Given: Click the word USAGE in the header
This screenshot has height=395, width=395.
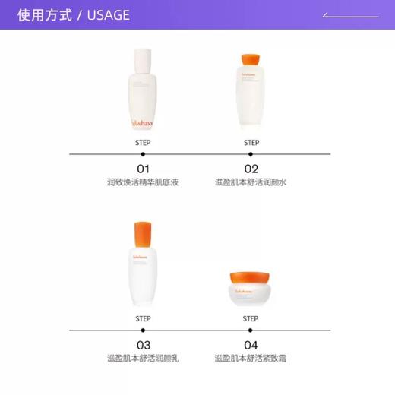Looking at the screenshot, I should point(108,15).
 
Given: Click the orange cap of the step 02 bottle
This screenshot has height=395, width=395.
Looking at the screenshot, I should point(251,60).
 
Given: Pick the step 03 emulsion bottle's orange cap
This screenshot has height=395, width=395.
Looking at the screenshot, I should point(143,233).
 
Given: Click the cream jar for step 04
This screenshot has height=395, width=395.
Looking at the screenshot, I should point(251,288).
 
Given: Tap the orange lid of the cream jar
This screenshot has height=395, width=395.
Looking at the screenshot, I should point(251,277).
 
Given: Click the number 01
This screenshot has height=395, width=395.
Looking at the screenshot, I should point(143,169).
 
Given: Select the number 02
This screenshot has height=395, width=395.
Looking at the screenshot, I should point(251,169).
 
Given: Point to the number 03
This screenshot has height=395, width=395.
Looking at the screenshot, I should point(143,345).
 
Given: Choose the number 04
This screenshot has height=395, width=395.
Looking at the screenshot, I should point(251,345).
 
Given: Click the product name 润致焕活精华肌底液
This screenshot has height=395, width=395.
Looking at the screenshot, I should point(143,182).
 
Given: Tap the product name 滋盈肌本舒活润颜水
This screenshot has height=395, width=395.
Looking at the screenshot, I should point(251,182).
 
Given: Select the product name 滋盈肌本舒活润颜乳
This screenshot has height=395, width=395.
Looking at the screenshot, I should point(143,359).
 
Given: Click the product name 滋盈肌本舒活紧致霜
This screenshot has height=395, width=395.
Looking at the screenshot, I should point(251,359).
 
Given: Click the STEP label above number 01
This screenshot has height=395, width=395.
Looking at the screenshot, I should point(143,142).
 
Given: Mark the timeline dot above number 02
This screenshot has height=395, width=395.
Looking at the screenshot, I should point(251,154).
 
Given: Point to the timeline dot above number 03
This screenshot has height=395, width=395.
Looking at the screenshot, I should point(143,330).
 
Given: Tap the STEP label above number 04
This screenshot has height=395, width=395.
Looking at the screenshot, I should point(251,318).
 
